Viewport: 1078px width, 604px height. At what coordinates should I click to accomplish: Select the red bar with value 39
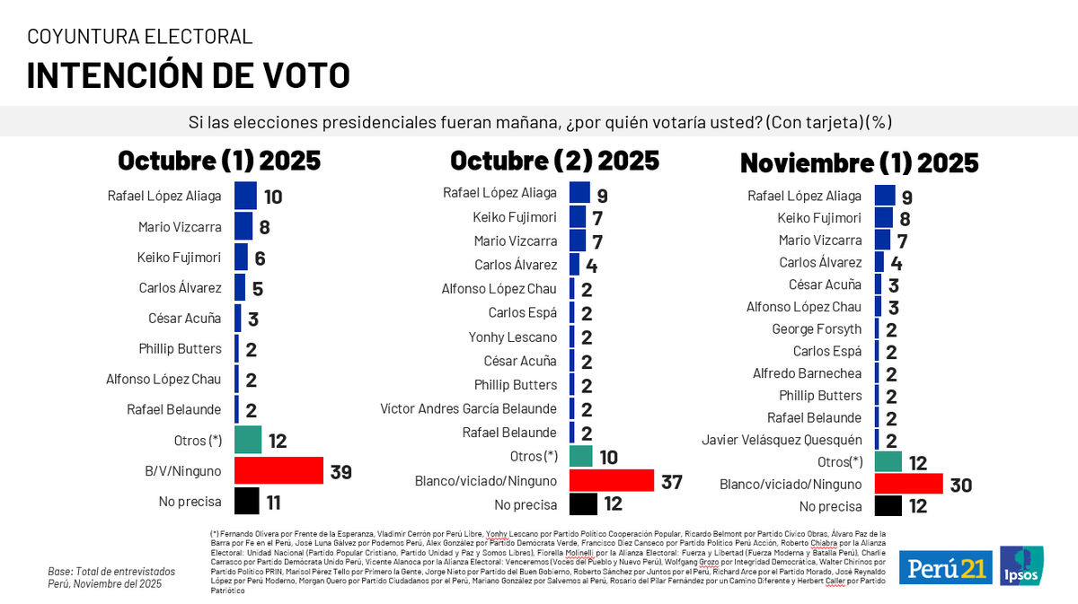tap(278, 470)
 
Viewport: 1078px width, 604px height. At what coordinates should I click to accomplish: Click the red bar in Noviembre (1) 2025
tap(908, 484)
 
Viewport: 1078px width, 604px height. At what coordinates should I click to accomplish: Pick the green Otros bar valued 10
tap(580, 456)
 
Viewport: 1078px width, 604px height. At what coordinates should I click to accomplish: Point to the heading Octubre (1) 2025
tap(219, 161)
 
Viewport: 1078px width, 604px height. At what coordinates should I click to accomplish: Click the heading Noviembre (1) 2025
tap(859, 163)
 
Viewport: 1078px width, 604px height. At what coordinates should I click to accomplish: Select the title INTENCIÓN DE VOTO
tap(188, 75)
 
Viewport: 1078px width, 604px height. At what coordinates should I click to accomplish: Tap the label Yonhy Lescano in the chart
tap(512, 337)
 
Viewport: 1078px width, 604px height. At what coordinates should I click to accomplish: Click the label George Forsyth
tap(817, 329)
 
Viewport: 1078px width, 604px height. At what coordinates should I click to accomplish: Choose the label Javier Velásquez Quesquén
tap(782, 440)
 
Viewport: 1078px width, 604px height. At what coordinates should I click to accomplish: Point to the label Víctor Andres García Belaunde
tap(468, 409)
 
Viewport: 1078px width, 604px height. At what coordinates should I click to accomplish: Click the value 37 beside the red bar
tap(672, 483)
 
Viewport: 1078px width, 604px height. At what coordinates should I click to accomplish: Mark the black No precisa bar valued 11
tap(246, 501)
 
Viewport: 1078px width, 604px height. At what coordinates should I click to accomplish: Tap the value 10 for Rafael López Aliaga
tap(273, 197)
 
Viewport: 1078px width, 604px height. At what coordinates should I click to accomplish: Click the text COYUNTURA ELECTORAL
tap(139, 37)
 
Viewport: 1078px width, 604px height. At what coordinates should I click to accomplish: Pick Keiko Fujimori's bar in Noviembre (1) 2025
tap(883, 218)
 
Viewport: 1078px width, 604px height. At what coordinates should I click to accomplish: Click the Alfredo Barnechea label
tap(807, 373)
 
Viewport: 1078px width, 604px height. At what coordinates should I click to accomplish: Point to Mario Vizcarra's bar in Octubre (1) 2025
tap(243, 226)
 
